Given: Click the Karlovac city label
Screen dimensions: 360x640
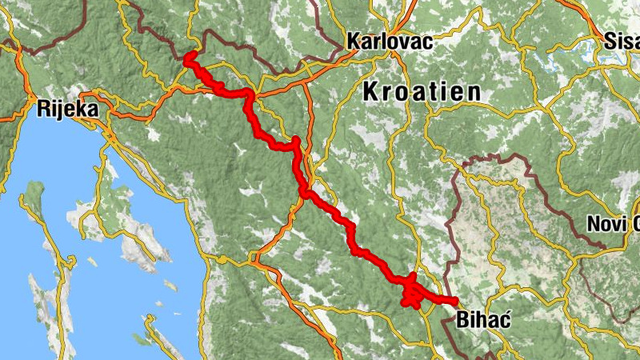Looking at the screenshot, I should pos(390,42).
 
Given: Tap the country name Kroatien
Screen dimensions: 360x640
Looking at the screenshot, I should pos(422,91).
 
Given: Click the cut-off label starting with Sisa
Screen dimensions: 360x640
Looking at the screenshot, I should pos(622,42).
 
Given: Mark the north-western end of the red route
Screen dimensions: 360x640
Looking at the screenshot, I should pos(190,58).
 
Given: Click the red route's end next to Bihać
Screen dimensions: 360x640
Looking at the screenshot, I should pos(454,302).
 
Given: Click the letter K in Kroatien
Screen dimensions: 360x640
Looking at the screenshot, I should pos(371,91).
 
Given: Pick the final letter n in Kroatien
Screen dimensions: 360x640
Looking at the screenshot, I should pos(474,91).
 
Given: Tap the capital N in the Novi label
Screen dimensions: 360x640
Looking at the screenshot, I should pos(594,225).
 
